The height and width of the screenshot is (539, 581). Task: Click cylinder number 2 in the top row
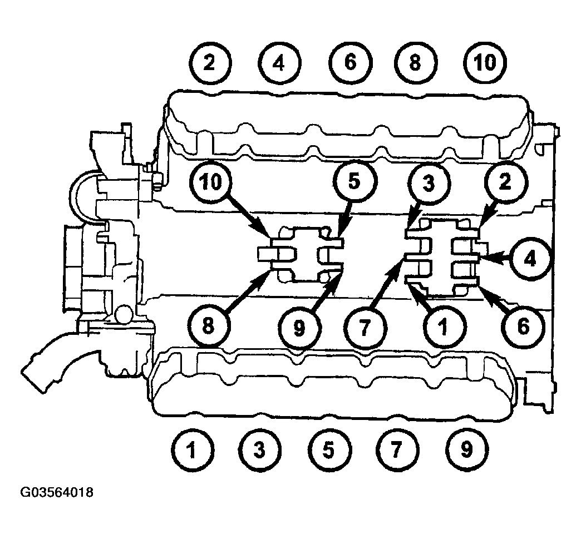click(x=210, y=63)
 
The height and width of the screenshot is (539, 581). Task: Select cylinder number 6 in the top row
click(x=351, y=62)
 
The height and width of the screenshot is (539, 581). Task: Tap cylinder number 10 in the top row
click(x=485, y=62)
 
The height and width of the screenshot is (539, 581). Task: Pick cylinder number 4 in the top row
click(x=279, y=63)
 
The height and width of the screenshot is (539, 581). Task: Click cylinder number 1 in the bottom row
click(x=192, y=450)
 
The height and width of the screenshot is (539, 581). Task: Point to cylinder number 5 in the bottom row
click(x=329, y=450)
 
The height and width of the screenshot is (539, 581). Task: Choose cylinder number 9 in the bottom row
click(x=467, y=449)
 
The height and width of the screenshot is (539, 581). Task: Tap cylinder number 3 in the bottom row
click(x=260, y=450)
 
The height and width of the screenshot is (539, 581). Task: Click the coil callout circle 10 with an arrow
click(x=211, y=182)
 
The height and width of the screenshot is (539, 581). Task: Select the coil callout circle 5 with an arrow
click(x=354, y=182)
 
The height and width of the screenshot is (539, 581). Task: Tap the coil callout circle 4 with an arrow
click(x=530, y=259)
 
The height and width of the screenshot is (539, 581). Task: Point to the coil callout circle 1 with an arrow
click(x=443, y=327)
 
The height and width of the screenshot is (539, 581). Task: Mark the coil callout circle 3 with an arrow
click(x=429, y=184)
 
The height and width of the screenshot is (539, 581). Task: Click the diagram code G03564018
click(x=57, y=492)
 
